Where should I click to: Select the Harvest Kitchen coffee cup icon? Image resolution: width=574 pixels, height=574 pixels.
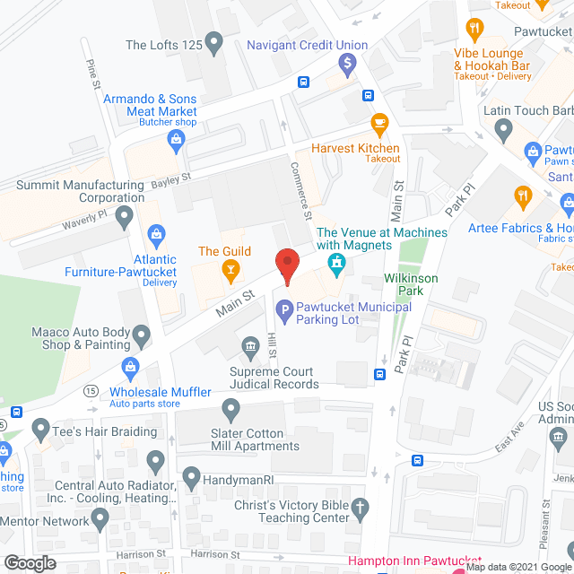coord(379,121)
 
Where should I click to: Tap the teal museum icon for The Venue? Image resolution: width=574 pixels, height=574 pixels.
coord(337,264)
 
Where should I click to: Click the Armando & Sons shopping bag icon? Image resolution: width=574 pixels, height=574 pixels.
coord(177,138)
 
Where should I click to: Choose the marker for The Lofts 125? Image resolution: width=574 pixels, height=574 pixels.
coord(213,41)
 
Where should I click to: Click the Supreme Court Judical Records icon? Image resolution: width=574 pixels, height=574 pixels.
coord(250,347)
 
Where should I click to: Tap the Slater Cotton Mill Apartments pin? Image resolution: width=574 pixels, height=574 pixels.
coord(231,412)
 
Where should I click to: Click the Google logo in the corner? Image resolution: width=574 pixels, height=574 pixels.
coord(30,562)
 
